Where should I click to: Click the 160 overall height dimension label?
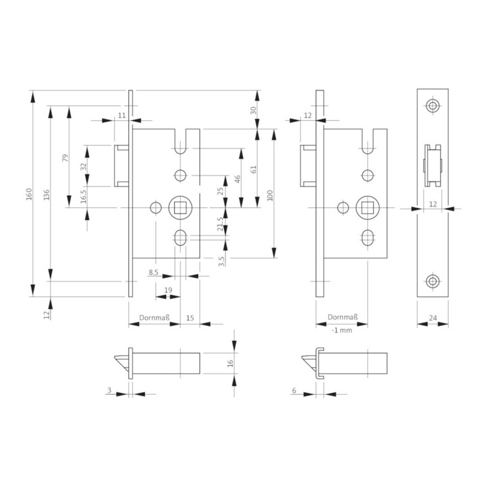(x=29, y=194)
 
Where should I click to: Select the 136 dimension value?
(x=46, y=194)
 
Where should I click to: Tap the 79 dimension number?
(x=65, y=158)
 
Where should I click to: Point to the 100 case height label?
(x=269, y=196)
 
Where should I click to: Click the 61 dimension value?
(x=254, y=169)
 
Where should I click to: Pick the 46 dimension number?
(x=237, y=179)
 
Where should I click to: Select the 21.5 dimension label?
(x=220, y=224)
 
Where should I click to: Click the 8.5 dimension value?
(x=153, y=272)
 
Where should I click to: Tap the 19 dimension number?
(x=168, y=290)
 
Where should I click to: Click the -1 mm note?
(x=342, y=330)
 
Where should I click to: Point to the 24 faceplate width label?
(x=433, y=318)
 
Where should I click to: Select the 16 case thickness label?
(x=230, y=363)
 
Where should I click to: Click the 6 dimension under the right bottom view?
(x=294, y=391)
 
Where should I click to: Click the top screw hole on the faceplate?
(x=433, y=106)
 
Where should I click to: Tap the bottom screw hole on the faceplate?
(x=433, y=281)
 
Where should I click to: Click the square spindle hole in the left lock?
(x=180, y=208)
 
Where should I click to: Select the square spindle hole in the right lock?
(x=367, y=208)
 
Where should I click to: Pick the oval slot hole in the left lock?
(x=180, y=238)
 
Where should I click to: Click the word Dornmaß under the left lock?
(x=155, y=318)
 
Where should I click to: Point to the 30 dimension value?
(x=253, y=110)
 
